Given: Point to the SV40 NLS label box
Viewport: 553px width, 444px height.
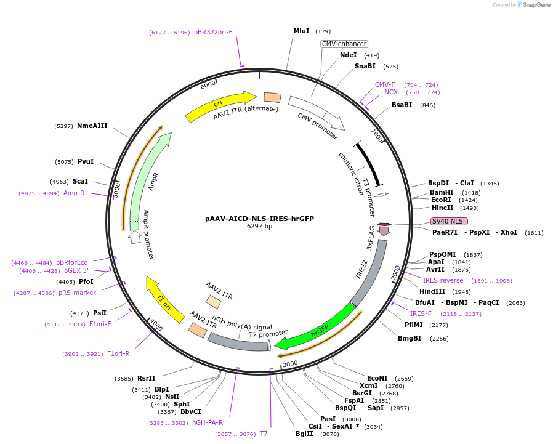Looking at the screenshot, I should click(449, 221).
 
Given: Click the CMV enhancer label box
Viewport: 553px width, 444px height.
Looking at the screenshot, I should click(344, 44).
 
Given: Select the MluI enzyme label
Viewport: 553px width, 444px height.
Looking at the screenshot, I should click(301, 31).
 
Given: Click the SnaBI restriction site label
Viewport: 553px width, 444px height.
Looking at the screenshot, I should click(365, 66).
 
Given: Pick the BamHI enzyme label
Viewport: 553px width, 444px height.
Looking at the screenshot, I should click(442, 192).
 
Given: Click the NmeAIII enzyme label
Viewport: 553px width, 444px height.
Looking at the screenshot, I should click(92, 126).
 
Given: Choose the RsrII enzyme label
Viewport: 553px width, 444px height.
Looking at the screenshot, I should click(146, 378).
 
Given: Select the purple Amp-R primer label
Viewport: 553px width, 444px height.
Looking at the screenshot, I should click(74, 193).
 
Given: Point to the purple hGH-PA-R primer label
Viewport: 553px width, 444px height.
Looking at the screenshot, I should click(208, 422).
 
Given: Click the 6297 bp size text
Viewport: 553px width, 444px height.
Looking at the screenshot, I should click(259, 227).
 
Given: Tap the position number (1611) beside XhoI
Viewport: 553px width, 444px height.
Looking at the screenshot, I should click(534, 233).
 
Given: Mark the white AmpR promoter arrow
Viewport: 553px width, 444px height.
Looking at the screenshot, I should click(135, 236).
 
